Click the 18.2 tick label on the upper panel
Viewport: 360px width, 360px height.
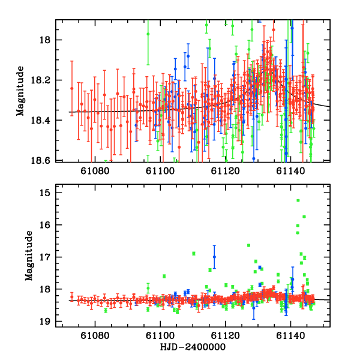(x=44, y=80)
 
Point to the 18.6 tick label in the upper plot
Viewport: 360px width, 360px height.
(x=44, y=161)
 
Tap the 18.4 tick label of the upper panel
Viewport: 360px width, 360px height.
(x=44, y=121)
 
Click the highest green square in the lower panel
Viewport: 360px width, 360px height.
(x=298, y=200)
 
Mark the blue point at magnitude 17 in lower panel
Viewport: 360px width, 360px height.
(x=214, y=257)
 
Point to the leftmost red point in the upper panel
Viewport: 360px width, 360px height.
(x=71, y=88)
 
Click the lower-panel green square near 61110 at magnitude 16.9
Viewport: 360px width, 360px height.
(x=194, y=253)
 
